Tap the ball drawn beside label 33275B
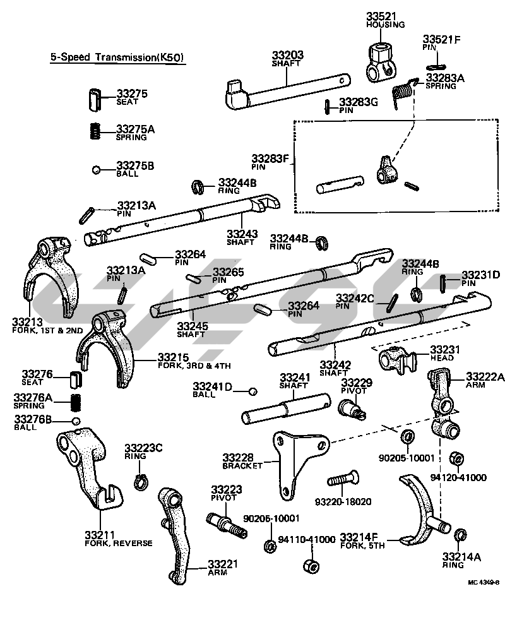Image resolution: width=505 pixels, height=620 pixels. click(x=95, y=169)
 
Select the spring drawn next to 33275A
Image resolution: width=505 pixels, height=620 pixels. click(x=94, y=131)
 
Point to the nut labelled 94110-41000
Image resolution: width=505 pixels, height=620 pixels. click(x=310, y=566)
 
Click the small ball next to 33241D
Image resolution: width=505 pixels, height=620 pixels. click(x=252, y=391)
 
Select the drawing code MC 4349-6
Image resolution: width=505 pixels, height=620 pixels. click(x=483, y=583)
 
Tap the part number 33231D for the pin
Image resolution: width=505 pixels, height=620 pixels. click(x=480, y=275)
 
